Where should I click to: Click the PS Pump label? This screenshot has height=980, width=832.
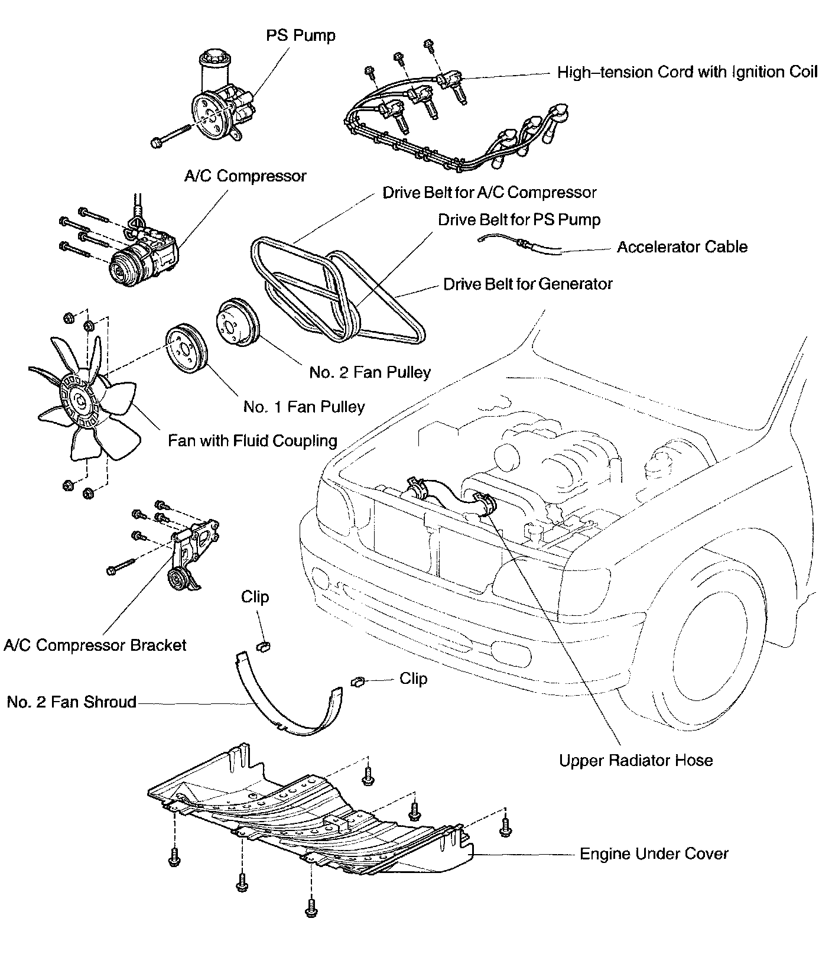pyautogui.click(x=300, y=35)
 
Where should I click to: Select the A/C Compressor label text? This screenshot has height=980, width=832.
pyautogui.click(x=245, y=176)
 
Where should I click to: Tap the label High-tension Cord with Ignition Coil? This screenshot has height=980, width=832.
pyautogui.click(x=687, y=72)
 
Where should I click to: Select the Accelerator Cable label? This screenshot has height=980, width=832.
pyautogui.click(x=682, y=246)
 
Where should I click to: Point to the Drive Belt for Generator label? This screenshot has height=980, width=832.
pyautogui.click(x=528, y=284)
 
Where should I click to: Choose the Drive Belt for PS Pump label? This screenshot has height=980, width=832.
pyautogui.click(x=519, y=220)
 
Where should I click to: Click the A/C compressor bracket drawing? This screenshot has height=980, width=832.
pyautogui.click(x=189, y=550)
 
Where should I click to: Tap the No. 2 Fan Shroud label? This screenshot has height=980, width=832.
pyautogui.click(x=71, y=702)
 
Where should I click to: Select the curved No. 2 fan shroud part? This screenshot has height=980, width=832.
pyautogui.click(x=284, y=709)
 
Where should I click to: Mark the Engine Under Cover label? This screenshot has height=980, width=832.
pyautogui.click(x=654, y=854)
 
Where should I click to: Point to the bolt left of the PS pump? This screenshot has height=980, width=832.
pyautogui.click(x=171, y=135)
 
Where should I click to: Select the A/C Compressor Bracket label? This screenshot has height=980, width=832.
pyautogui.click(x=95, y=645)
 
